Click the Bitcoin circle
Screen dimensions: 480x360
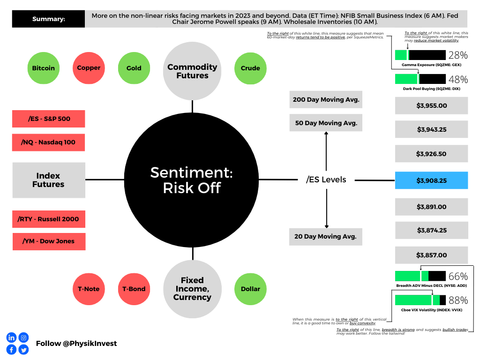(44, 68)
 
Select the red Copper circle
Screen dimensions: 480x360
(89, 68)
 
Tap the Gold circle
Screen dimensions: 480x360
(134, 68)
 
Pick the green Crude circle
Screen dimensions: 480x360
(250, 68)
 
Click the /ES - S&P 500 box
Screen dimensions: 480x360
(49, 119)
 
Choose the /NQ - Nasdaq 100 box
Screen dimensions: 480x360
(48, 142)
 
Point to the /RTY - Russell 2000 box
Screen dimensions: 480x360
(49, 219)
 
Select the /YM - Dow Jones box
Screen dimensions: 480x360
(49, 241)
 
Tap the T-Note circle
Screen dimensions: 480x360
(89, 289)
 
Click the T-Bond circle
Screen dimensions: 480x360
(134, 289)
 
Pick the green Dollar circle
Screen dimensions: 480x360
(250, 289)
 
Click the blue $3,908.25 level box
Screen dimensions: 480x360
(431, 180)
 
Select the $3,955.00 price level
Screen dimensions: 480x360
(431, 105)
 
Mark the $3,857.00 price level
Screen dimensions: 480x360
(431, 255)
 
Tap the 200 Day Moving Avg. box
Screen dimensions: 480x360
(326, 99)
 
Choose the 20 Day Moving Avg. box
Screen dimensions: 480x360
(326, 237)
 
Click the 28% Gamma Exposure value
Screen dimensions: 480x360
(458, 55)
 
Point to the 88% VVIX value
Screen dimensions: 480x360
(458, 300)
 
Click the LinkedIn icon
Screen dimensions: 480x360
(11, 337)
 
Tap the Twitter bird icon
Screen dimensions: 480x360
(23, 350)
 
